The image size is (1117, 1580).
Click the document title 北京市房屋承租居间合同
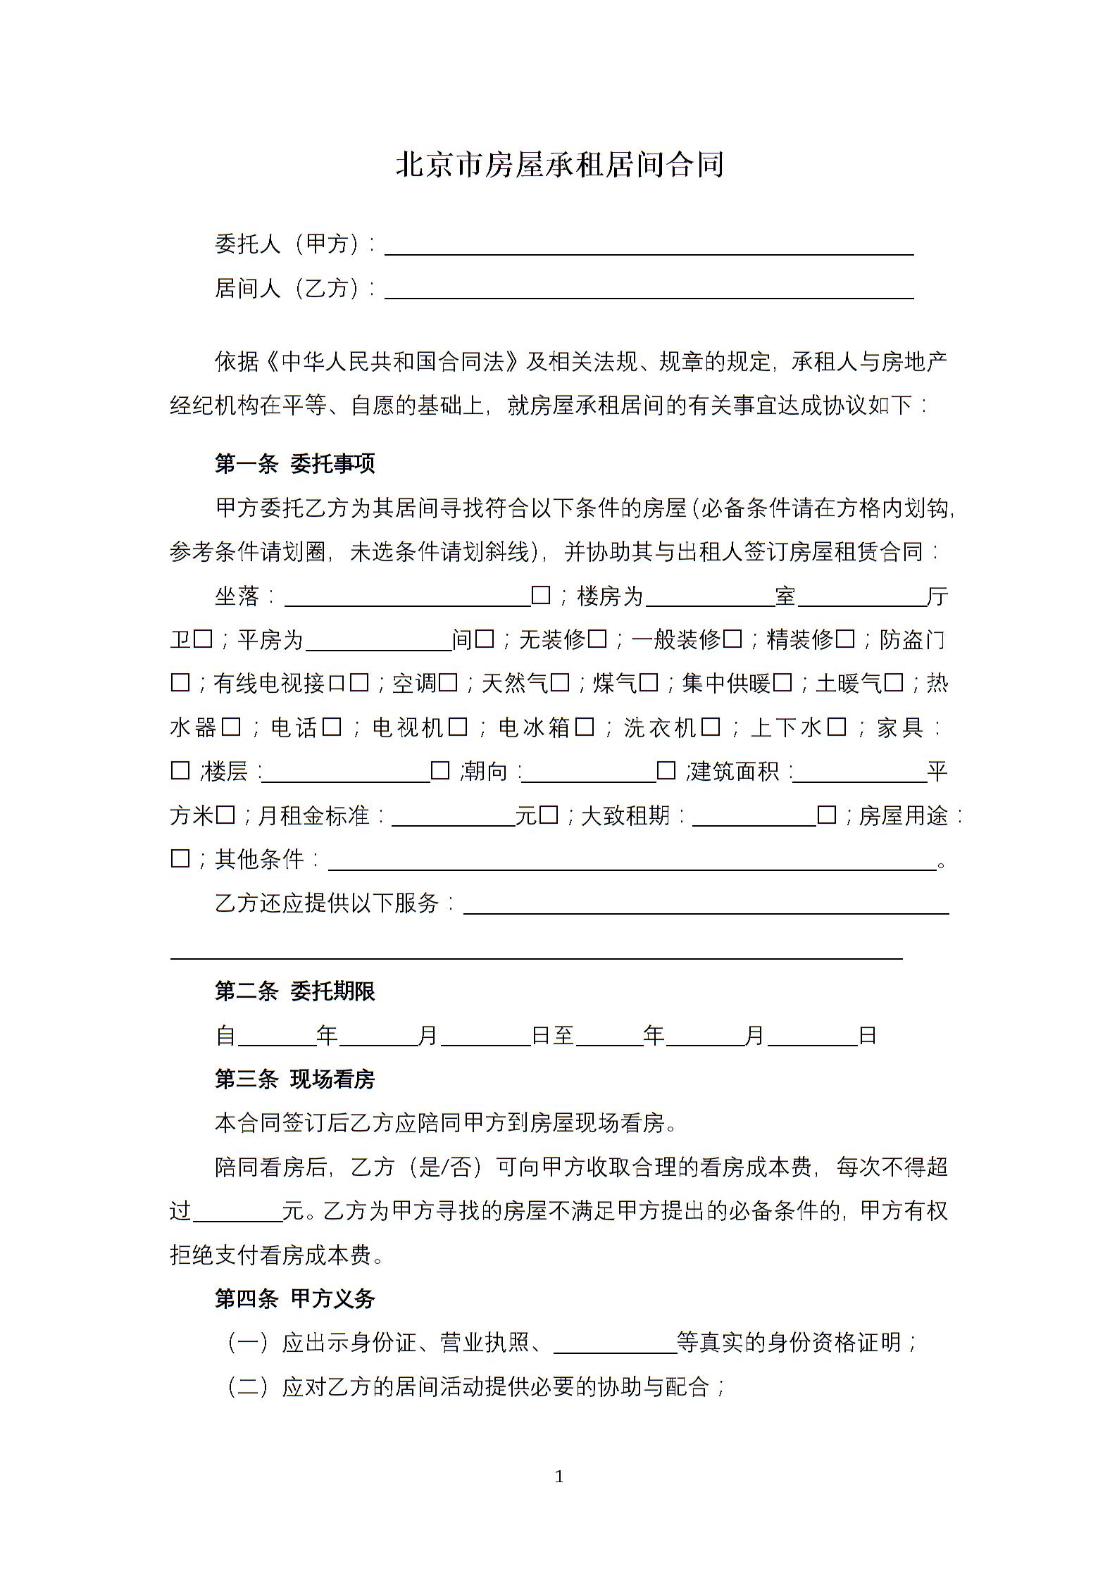point(559,165)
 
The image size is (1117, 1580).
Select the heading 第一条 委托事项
point(294,463)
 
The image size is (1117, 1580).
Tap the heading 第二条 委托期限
point(294,991)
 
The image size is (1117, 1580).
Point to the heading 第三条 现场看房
point(294,1079)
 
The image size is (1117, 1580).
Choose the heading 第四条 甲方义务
point(294,1298)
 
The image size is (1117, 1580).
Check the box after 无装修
point(597,639)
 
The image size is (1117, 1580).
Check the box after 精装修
point(845,639)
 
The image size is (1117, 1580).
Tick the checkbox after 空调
point(448,683)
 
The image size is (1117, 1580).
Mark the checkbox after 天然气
point(560,683)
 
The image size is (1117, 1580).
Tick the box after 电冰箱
point(585,727)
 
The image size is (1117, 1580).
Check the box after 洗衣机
point(711,727)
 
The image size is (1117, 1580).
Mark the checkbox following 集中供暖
point(782,683)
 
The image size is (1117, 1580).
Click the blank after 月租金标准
point(453,816)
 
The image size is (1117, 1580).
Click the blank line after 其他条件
point(632,860)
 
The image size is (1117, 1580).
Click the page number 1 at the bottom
point(559,1476)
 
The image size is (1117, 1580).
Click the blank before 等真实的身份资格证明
point(615,1343)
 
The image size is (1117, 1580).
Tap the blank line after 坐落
point(407,596)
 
